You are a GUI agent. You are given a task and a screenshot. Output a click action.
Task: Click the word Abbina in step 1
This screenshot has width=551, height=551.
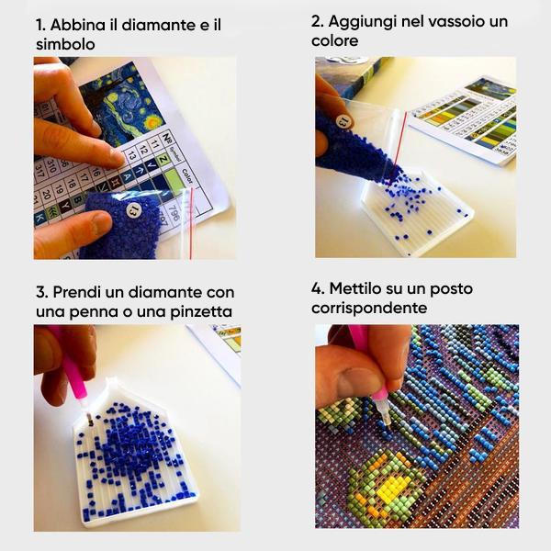[81, 24]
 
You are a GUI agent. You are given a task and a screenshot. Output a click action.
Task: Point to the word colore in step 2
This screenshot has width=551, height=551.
[334, 41]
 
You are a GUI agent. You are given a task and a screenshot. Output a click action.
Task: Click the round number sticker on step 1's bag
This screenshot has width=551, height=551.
[134, 211]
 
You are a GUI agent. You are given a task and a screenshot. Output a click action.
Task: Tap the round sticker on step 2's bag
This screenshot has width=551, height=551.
[343, 121]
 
